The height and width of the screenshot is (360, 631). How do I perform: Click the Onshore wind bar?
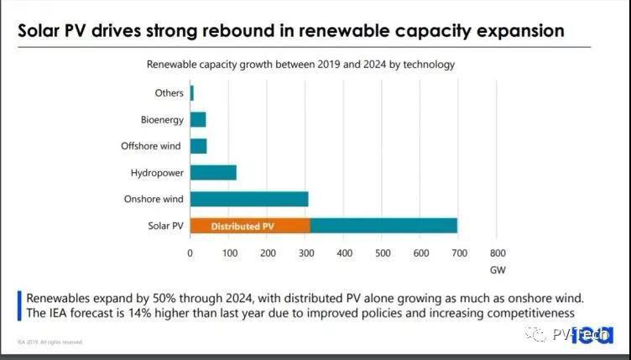tap(249, 199)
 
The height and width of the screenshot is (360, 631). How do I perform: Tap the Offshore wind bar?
tap(199, 146)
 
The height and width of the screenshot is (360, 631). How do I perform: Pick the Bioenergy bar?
tap(198, 120)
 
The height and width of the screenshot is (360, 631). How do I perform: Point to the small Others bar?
tap(192, 93)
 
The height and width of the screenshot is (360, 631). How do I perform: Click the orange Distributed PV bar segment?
tap(250, 226)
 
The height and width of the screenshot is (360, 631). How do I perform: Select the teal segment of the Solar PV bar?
tap(383, 226)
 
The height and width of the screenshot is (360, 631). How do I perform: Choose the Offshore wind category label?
tap(151, 146)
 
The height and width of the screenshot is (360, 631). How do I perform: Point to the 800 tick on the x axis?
tap(498, 253)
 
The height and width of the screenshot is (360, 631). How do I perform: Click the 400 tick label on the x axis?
tap(344, 253)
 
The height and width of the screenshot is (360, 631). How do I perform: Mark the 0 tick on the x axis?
tap(190, 253)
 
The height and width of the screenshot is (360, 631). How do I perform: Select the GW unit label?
tap(498, 270)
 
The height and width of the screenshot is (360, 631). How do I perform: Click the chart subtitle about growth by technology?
tap(301, 64)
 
